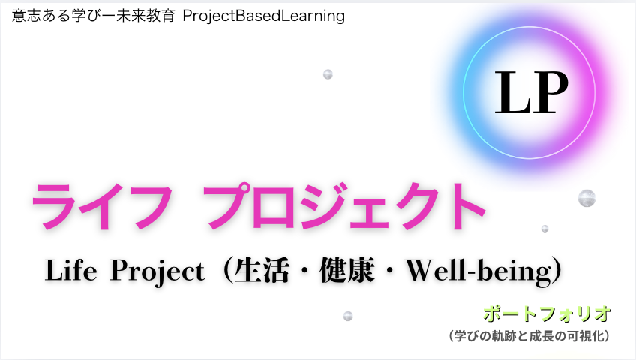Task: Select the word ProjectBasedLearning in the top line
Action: coord(264,16)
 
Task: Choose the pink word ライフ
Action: coord(102,207)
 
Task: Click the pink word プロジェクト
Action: coord(344,206)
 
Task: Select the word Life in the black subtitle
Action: coord(71,270)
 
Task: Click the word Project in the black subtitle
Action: coord(157,271)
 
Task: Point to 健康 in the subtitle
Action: coord(347,270)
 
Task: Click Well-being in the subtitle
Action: coord(479,271)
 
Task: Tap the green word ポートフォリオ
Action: coord(547,313)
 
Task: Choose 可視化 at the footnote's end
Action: coord(586,336)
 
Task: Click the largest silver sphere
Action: coord(586,198)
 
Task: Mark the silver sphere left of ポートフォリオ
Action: coord(348,316)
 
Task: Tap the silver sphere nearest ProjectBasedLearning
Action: coord(328,74)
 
